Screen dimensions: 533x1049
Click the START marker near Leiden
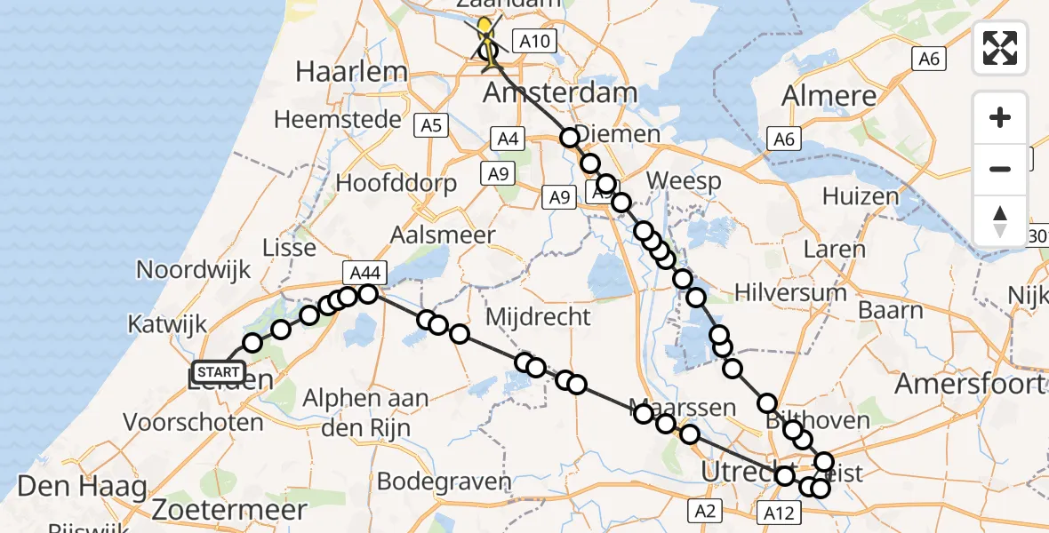click(x=218, y=372)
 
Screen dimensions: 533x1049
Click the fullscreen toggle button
click(x=1000, y=48)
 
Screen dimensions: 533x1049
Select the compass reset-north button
click(x=1000, y=220)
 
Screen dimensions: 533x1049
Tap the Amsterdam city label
click(x=560, y=92)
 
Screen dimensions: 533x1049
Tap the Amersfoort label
click(x=969, y=384)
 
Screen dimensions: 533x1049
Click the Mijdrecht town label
click(x=539, y=316)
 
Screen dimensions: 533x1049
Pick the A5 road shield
click(x=432, y=125)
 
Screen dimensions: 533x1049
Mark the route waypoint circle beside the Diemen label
click(x=569, y=137)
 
